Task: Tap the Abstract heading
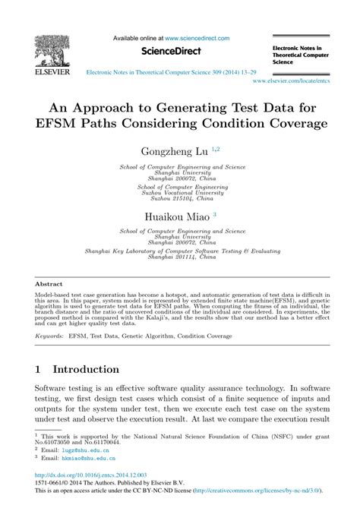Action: (x=49, y=283)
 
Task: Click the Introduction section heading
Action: (x=85, y=369)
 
